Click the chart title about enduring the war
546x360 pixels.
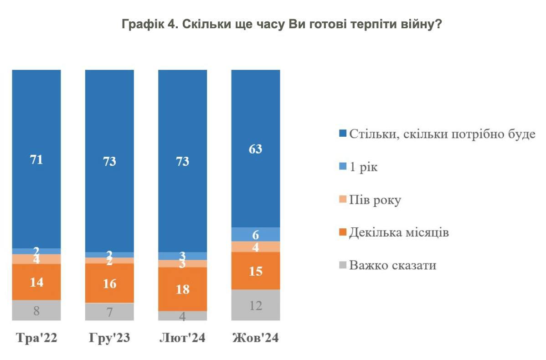pyautogui.click(x=281, y=25)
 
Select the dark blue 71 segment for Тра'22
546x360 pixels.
pyautogui.click(x=36, y=159)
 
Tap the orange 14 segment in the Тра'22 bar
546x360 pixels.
pyautogui.click(x=36, y=282)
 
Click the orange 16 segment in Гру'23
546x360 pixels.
pyautogui.click(x=109, y=283)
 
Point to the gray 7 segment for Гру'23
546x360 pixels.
pyautogui.click(x=109, y=312)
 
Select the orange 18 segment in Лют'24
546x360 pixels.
pyautogui.click(x=182, y=289)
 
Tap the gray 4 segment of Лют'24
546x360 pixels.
pyautogui.click(x=182, y=316)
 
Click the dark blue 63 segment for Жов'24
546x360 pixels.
pyautogui.click(x=256, y=149)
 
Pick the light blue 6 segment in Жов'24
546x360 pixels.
pyautogui.click(x=256, y=234)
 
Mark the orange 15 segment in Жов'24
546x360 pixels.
pyautogui.click(x=256, y=270)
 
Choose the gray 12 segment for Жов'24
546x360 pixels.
pyautogui.click(x=256, y=305)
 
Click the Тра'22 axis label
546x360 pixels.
pyautogui.click(x=36, y=338)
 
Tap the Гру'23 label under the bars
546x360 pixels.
pyautogui.click(x=109, y=338)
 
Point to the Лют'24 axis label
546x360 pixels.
pyautogui.click(x=182, y=338)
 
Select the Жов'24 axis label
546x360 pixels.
pyautogui.click(x=256, y=338)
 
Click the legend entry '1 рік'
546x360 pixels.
pyautogui.click(x=363, y=167)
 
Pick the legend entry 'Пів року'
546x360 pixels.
pyautogui.click(x=375, y=200)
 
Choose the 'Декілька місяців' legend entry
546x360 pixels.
pyautogui.click(x=399, y=232)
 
